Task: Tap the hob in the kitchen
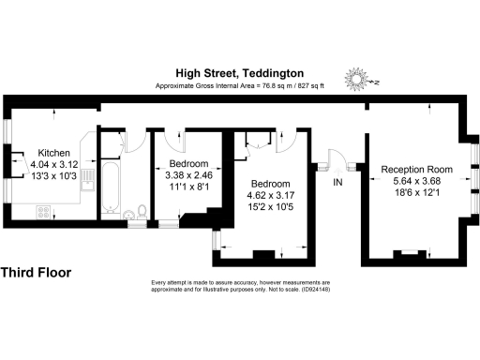tap(44, 211)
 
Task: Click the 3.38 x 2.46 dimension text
tap(188, 174)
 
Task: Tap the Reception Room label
tap(417, 170)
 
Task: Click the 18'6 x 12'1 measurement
tap(417, 193)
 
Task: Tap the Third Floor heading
tap(36, 273)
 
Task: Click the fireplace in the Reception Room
tap(409, 252)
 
